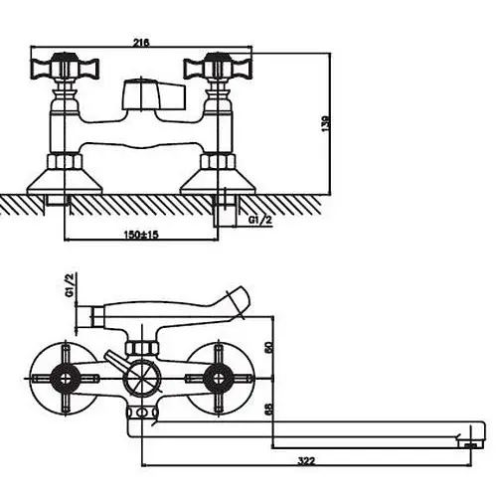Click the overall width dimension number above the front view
pos(141,43)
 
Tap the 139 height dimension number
pos(326,123)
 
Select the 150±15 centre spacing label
pos(141,235)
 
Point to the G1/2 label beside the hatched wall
pos(260,220)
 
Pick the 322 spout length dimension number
pos(306,460)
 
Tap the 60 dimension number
pos(268,347)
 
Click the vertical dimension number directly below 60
pos(268,409)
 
